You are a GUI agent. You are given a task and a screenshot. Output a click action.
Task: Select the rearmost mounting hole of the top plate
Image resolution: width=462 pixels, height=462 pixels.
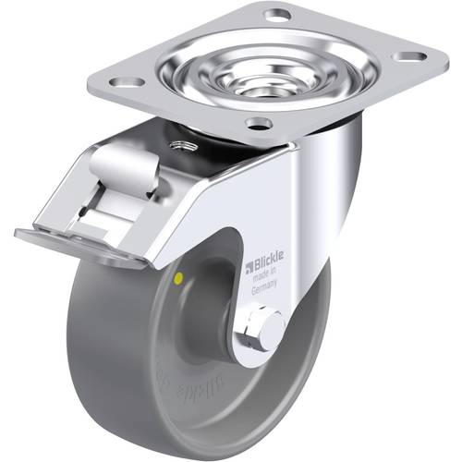276,15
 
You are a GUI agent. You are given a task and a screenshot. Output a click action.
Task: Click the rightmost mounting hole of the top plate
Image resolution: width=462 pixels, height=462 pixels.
407,56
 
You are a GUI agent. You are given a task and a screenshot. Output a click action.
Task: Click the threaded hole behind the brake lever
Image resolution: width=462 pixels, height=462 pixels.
177,144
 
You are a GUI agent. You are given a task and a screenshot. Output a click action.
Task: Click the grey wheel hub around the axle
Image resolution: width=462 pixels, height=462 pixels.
222,323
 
